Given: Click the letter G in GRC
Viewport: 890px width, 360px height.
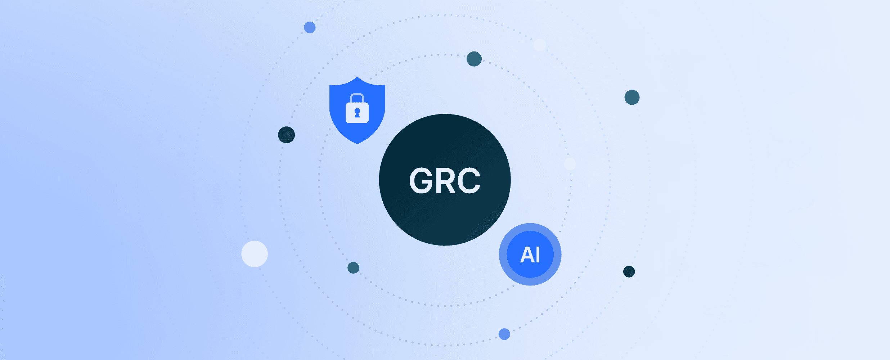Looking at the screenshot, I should click(421, 180).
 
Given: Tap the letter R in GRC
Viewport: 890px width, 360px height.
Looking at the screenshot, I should click(446, 180).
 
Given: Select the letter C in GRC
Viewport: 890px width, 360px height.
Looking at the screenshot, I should click(469, 180).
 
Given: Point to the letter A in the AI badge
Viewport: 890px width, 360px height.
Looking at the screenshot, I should click(527, 255).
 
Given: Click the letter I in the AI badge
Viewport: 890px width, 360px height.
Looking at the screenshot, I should click(538, 255).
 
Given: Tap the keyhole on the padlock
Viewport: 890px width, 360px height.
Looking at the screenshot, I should click(357, 113).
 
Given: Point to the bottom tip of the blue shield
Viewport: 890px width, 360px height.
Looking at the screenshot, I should click(357, 143).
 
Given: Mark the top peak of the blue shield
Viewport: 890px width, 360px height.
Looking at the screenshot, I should click(357, 78).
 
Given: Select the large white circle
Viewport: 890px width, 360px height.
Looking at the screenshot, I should click(255, 254).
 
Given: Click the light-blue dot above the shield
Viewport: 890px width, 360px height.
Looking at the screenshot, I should click(310, 27).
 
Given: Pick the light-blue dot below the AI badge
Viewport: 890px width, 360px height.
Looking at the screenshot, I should click(504, 334).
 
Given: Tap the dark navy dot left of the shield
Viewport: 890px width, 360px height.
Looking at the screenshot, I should click(287, 135).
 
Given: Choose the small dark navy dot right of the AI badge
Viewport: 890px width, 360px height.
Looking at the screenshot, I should click(629, 271).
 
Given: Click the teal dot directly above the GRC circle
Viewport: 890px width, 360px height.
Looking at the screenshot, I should click(474, 59).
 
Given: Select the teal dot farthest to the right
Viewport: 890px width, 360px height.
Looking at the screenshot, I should click(632, 97).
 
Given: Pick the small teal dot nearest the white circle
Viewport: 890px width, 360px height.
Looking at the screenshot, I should click(353, 268).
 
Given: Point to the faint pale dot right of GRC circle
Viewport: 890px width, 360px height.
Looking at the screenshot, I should click(570, 164).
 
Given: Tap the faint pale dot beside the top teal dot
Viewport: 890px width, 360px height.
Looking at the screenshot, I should click(539, 45).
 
